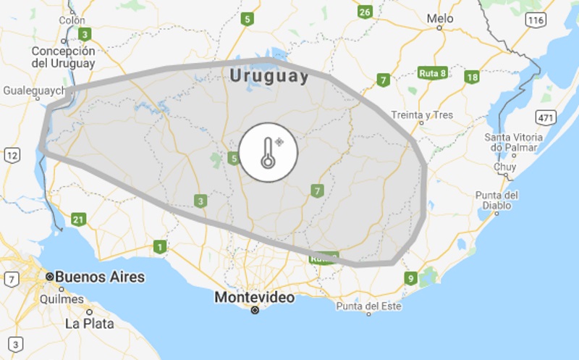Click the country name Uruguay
pyautogui.click(x=268, y=77)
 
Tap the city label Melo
pyautogui.click(x=440, y=19)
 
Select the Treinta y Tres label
pyautogui.click(x=422, y=114)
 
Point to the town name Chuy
pyautogui.click(x=504, y=167)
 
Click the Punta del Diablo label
pyautogui.click(x=496, y=199)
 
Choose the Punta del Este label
pyautogui.click(x=368, y=306)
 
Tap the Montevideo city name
pyautogui.click(x=254, y=298)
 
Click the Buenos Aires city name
pyautogui.click(x=100, y=277)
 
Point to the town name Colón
pyautogui.click(x=72, y=20)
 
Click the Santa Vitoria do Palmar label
pyautogui.click(x=513, y=142)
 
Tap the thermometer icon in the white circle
pyautogui.click(x=269, y=152)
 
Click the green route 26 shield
pyautogui.click(x=365, y=12)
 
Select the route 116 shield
pyautogui.click(x=536, y=20)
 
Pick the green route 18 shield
pyautogui.click(x=473, y=78)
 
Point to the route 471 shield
pyautogui.click(x=546, y=117)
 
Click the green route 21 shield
pyautogui.click(x=79, y=219)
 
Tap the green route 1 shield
pyautogui.click(x=159, y=248)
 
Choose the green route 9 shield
pyautogui.click(x=410, y=278)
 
